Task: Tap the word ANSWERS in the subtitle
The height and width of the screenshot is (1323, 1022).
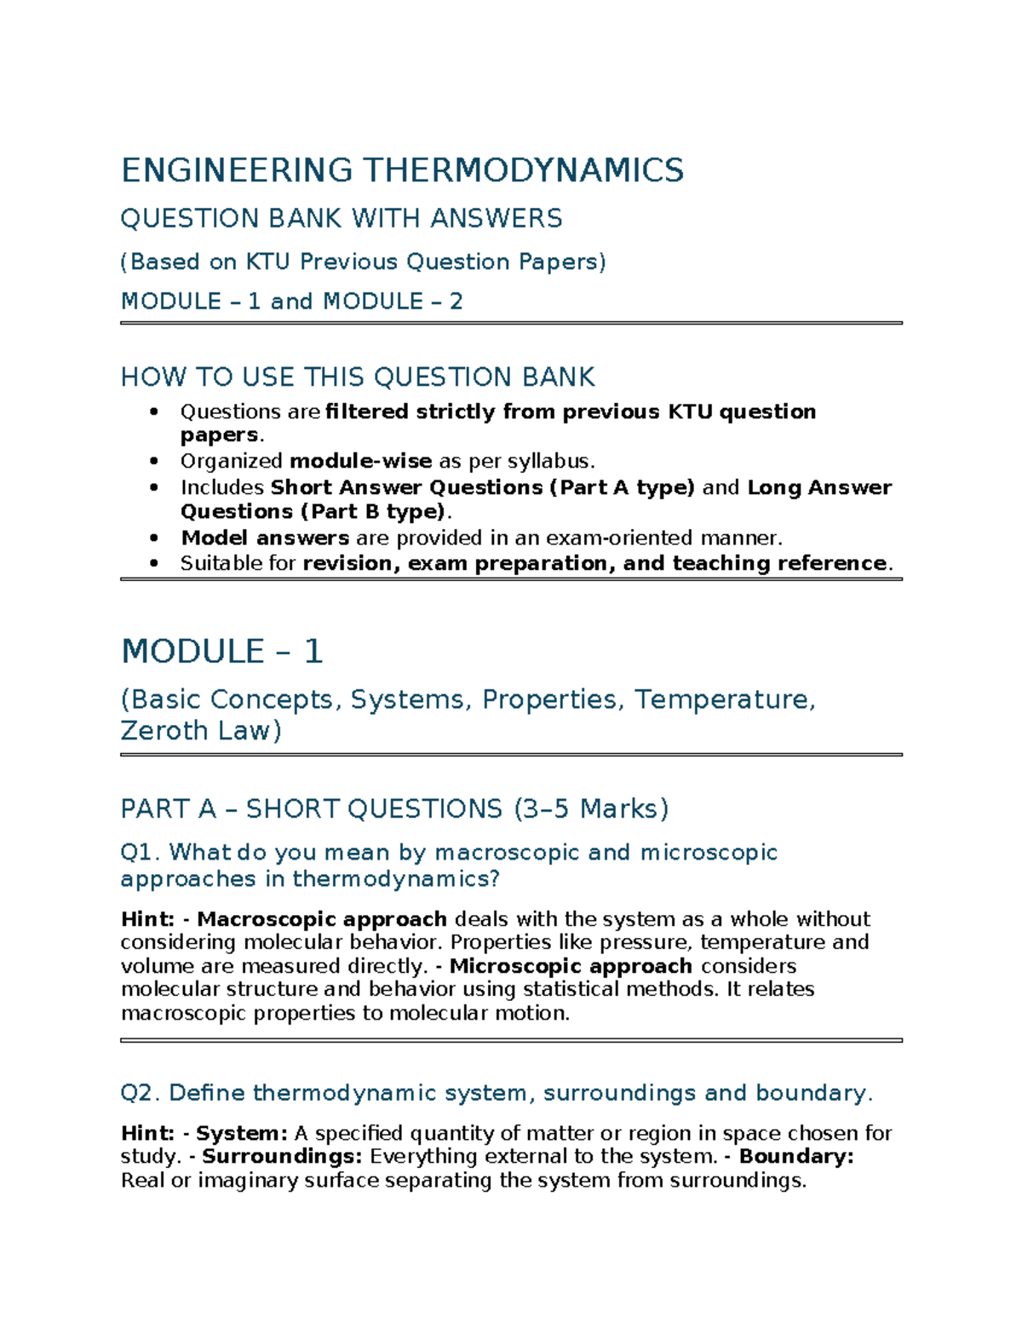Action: point(496,219)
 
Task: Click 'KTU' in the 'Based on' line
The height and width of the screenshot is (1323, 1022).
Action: point(267,262)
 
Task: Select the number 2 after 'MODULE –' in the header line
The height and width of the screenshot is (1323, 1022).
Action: point(456,302)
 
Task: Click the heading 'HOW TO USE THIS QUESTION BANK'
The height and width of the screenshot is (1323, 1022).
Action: point(358,377)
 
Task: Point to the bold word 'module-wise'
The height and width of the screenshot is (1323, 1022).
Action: point(360,462)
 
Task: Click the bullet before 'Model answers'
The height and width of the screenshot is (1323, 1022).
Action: point(154,538)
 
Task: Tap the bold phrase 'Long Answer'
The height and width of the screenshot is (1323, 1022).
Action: point(819,487)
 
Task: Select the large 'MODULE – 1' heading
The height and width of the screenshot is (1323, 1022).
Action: point(221,652)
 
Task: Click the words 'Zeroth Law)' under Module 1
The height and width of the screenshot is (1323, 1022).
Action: point(201,731)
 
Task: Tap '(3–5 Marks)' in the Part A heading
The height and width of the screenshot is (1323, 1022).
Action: point(591,808)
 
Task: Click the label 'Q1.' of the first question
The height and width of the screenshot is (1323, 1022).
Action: point(141,853)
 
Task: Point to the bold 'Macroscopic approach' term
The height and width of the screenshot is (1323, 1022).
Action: point(322,919)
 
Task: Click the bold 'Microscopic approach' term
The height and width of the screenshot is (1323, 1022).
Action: point(571,966)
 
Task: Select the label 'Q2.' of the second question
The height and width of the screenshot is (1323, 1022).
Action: point(141,1093)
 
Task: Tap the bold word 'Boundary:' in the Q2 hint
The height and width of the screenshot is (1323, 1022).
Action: point(795,1157)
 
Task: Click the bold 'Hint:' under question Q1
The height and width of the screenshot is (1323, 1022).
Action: point(147,919)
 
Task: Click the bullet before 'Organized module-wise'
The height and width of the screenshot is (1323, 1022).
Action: point(154,462)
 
